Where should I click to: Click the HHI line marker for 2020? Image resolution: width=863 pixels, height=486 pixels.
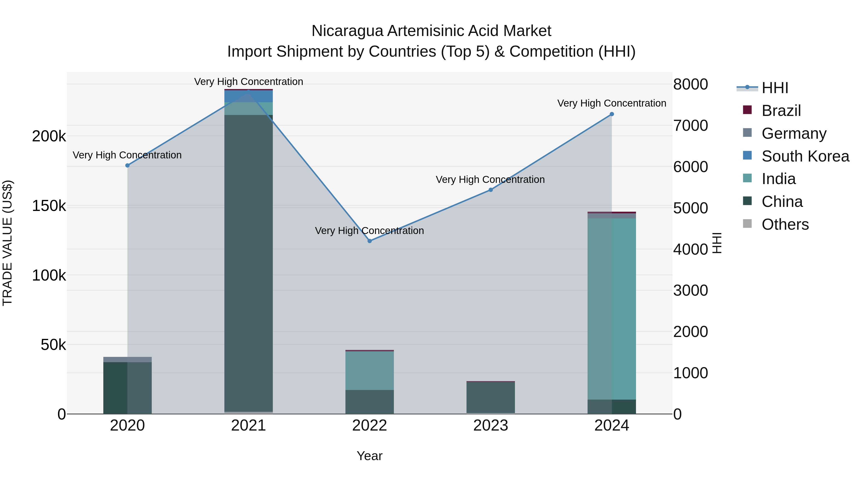[x=127, y=165]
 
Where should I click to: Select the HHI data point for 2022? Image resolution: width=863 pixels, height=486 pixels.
[x=369, y=241]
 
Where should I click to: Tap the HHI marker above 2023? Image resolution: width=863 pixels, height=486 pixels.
[x=490, y=190]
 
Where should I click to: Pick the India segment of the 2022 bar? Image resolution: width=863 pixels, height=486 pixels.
[x=369, y=371]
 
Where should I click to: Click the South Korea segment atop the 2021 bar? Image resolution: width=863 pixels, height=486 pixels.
[x=248, y=96]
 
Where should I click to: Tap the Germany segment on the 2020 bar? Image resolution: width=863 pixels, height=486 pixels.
[x=127, y=360]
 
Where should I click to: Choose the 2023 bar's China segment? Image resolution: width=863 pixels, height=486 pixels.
[x=490, y=397]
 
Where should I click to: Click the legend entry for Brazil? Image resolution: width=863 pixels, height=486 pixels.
[x=781, y=111]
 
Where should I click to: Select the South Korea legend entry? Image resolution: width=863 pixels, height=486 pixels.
[x=805, y=156]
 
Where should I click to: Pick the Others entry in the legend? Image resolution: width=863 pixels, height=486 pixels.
[x=785, y=224]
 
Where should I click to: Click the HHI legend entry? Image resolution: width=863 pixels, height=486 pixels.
[x=775, y=88]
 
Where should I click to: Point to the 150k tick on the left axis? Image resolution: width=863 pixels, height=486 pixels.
[x=49, y=206]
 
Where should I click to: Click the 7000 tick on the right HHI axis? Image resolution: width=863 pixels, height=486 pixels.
[x=690, y=126]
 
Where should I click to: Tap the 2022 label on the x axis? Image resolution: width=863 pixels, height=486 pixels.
[x=369, y=426]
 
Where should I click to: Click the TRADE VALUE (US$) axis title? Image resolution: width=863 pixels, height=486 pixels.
[x=7, y=243]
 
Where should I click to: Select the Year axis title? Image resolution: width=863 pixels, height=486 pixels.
[x=369, y=456]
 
